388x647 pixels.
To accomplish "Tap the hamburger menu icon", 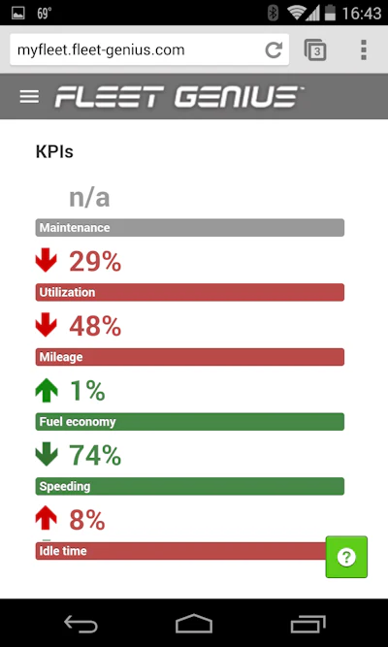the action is [29, 97].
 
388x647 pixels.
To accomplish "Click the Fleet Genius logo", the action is [179, 97].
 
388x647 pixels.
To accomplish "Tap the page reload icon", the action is [274, 49].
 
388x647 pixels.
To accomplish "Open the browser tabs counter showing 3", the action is [315, 49].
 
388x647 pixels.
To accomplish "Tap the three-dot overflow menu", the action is [364, 49].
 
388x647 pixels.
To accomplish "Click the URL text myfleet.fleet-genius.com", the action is [101, 49].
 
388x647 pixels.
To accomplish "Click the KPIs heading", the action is [54, 152].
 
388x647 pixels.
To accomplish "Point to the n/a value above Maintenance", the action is [89, 198].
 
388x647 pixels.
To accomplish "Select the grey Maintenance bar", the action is [190, 228].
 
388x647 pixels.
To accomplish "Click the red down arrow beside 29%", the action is [47, 260].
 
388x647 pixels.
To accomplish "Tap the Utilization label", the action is [67, 292].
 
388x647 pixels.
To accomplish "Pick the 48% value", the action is [95, 326].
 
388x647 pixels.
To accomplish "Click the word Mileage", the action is [61, 357].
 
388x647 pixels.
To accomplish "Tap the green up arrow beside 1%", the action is [47, 390].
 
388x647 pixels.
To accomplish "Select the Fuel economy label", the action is [78, 422].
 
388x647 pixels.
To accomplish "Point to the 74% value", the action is [95, 455].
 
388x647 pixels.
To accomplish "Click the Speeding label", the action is [65, 487].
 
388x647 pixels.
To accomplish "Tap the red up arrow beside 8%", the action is [47, 518].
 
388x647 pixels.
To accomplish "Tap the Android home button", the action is [194, 623].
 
